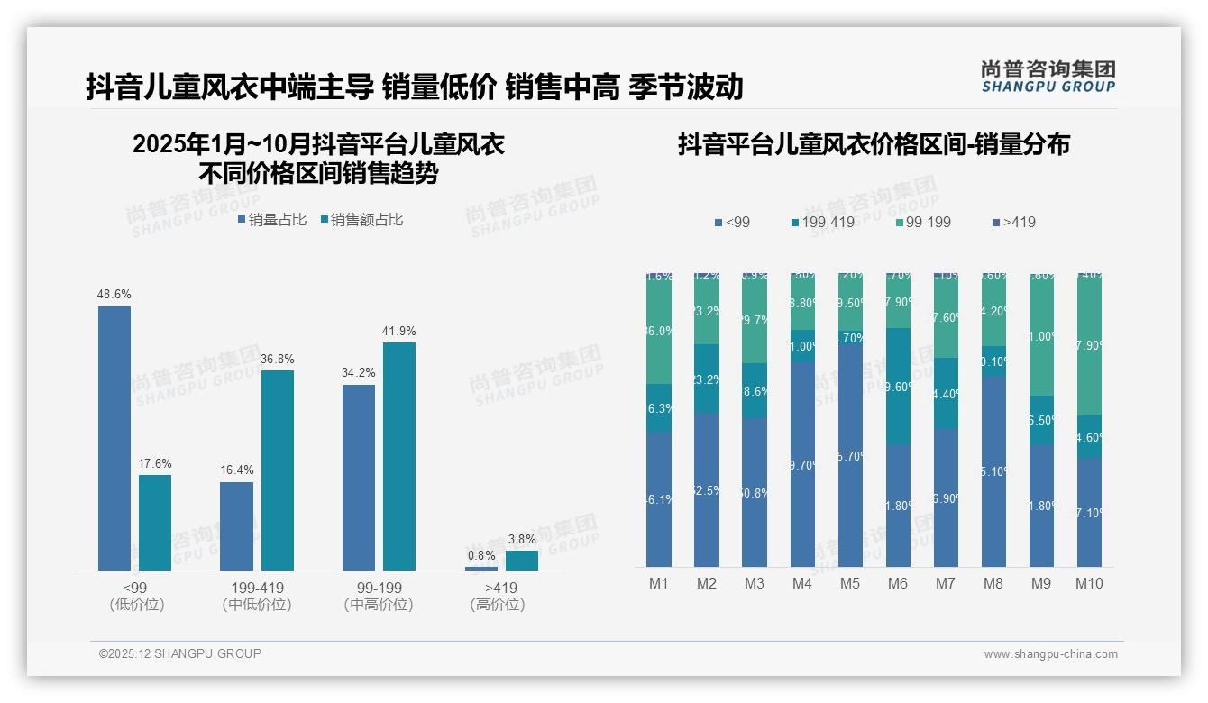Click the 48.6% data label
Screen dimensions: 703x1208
114,294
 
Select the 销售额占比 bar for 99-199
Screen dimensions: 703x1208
399,456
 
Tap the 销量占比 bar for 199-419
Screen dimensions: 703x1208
236,525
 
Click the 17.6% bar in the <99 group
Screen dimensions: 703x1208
155,523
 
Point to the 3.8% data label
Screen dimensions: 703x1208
522,539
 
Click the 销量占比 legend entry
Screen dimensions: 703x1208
272,220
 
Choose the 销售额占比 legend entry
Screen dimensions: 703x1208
361,220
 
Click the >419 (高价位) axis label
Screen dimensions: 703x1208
497,596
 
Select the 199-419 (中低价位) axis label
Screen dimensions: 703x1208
257,596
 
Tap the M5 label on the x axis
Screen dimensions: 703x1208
849,583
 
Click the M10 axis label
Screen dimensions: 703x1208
1089,583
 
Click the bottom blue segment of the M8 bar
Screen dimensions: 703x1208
993,470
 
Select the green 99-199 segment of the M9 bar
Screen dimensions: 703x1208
1041,335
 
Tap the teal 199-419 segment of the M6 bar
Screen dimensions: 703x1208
898,386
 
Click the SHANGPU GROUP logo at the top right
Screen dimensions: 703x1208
1048,77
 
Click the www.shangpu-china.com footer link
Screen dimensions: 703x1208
1050,654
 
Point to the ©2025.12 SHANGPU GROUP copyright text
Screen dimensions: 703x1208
180,653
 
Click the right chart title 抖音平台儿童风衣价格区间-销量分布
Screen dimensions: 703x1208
873,145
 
